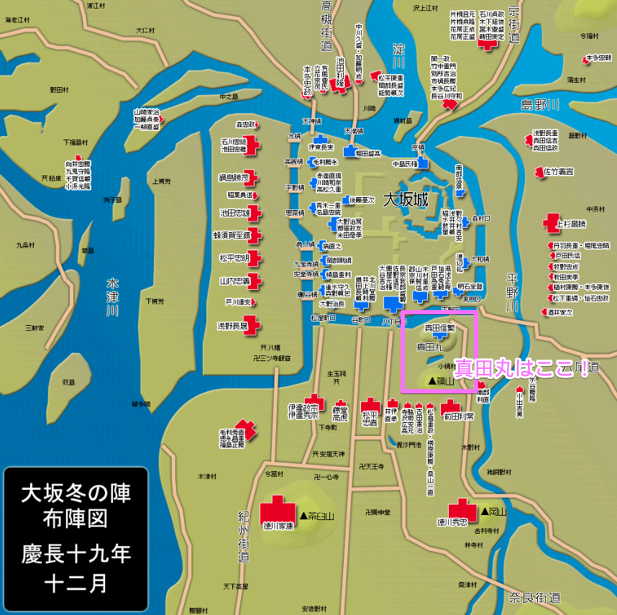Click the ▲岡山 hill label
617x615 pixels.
coord(488,512)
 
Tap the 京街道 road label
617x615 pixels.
coord(513,25)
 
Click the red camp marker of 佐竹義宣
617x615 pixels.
coord(538,172)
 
